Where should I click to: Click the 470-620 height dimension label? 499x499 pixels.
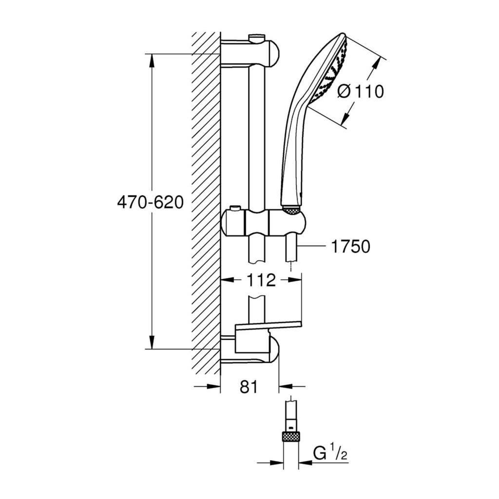150,202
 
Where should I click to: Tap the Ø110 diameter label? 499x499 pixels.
361,91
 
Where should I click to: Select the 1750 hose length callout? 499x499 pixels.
350,247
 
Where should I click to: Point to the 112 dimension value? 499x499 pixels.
261,280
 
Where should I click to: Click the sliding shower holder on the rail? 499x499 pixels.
263,223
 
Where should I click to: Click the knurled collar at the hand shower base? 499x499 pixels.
291,210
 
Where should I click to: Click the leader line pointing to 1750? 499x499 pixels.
312,247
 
